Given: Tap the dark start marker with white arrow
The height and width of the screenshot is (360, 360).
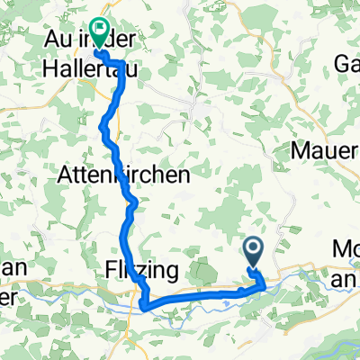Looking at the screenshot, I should (x=252, y=249).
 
